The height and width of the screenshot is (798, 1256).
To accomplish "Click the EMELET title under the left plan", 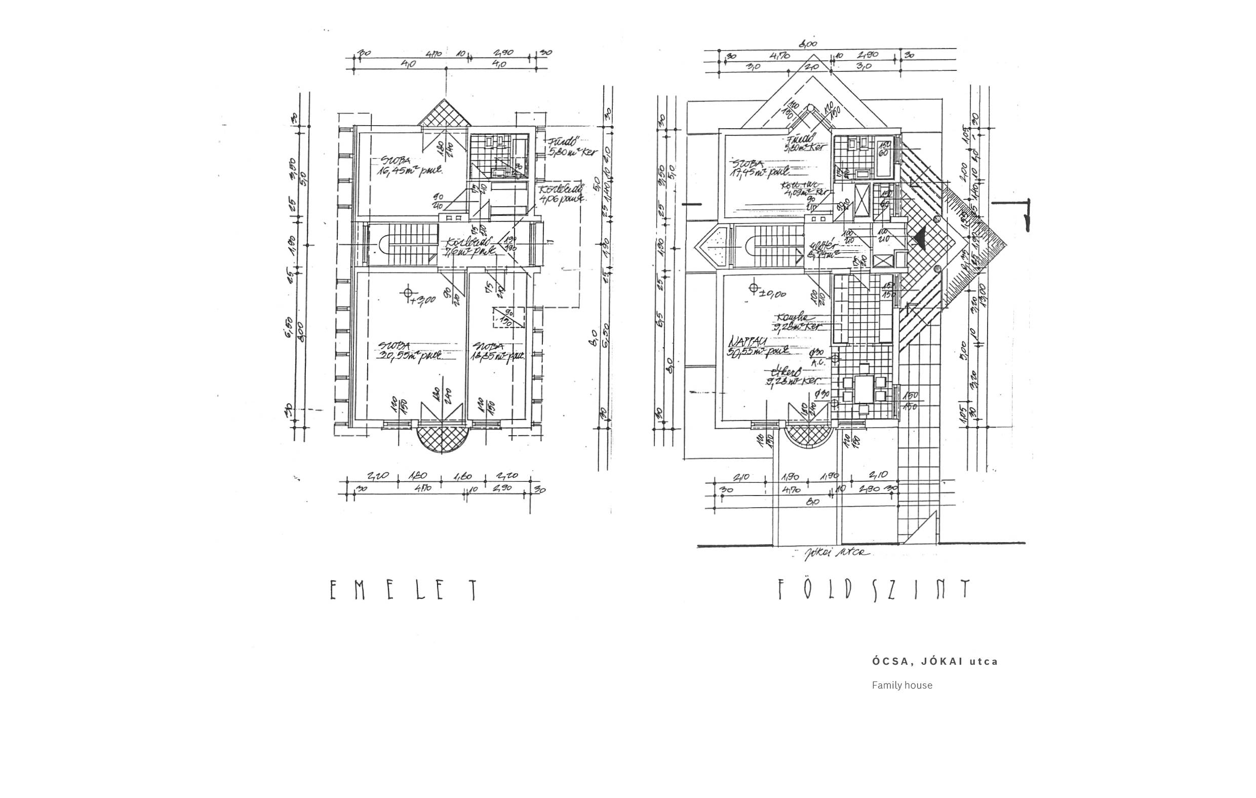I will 403,590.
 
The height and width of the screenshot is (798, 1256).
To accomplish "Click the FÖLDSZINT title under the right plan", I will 874,590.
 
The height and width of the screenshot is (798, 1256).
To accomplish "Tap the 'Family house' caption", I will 902,686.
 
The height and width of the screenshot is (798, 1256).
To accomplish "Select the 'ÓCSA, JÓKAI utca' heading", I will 935,661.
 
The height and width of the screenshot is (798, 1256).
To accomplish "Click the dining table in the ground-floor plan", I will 865,389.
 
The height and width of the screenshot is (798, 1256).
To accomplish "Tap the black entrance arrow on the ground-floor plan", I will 919,238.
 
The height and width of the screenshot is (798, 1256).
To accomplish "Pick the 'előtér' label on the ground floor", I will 822,250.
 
